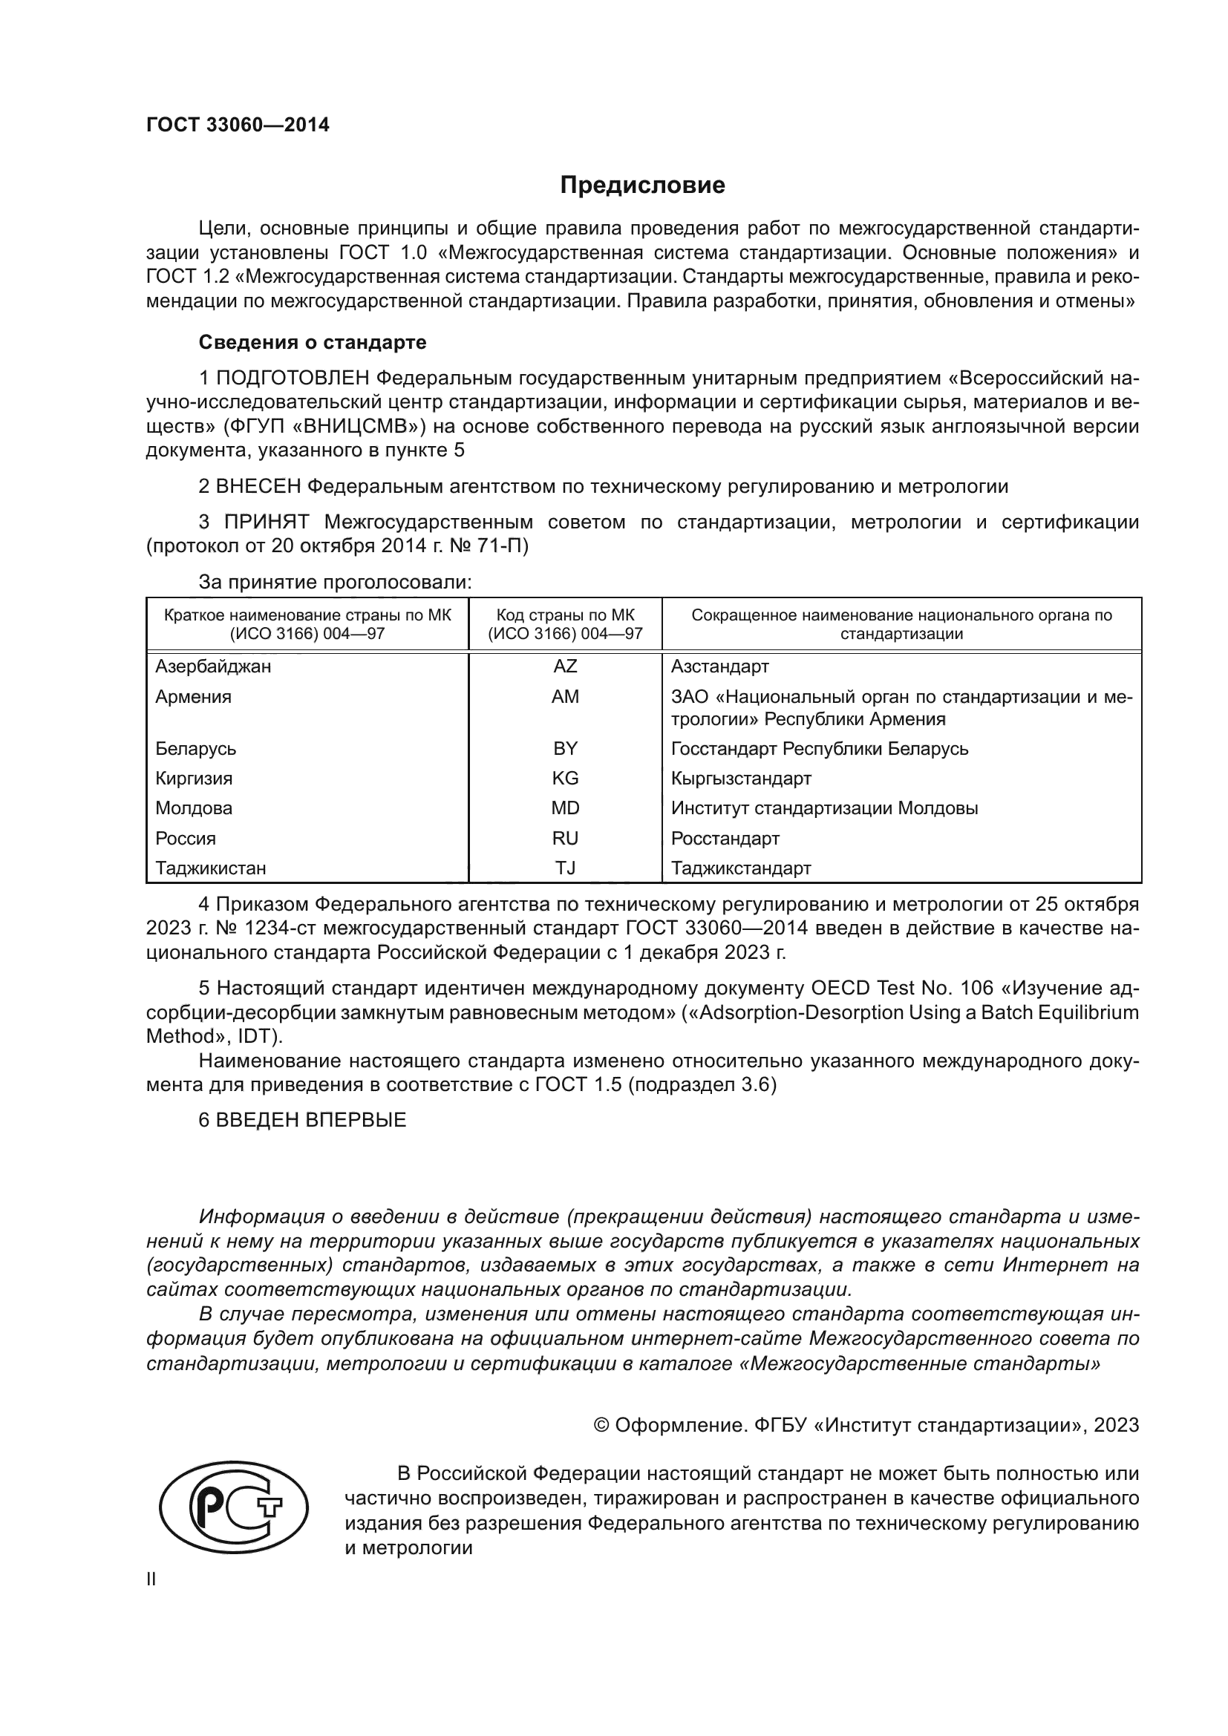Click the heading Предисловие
pyautogui.click(x=642, y=186)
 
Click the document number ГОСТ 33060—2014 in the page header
pyautogui.click(x=238, y=125)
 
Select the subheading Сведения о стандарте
pyautogui.click(x=313, y=342)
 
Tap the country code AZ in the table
pyautogui.click(x=565, y=666)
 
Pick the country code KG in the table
pyautogui.click(x=565, y=778)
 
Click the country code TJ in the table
pyautogui.click(x=565, y=868)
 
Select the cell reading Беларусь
pyautogui.click(x=196, y=749)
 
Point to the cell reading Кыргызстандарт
pyautogui.click(x=740, y=778)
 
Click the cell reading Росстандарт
pyautogui.click(x=725, y=839)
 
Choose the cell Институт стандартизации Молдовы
pyautogui.click(x=824, y=808)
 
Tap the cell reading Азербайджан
pyautogui.click(x=212, y=666)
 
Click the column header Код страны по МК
pyautogui.click(x=565, y=615)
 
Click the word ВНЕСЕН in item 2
pyautogui.click(x=258, y=486)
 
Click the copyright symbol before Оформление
pyautogui.click(x=601, y=1425)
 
